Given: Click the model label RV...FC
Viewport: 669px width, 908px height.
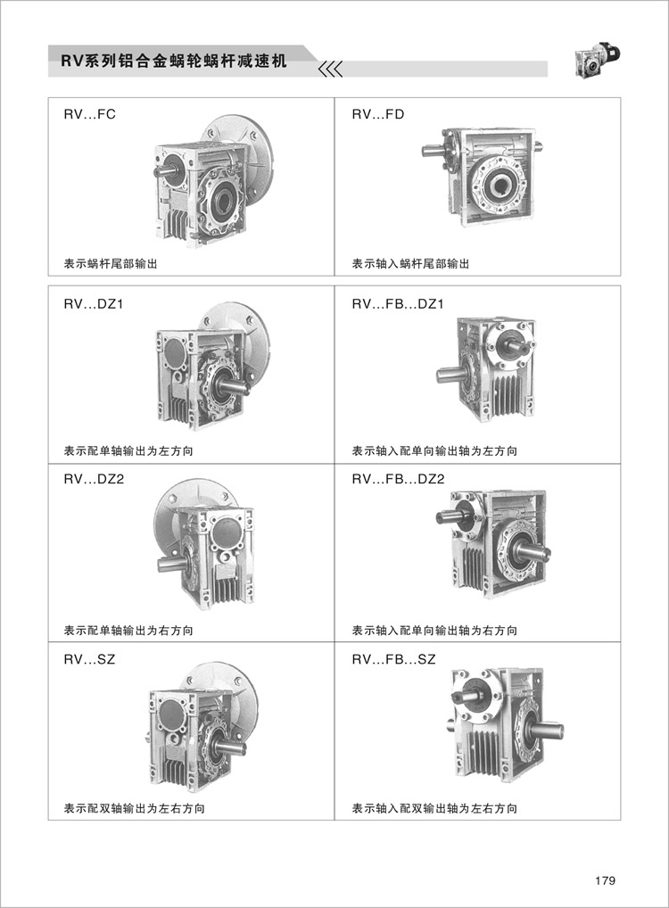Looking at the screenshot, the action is (x=89, y=114).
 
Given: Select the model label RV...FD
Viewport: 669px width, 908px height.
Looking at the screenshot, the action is (x=377, y=114).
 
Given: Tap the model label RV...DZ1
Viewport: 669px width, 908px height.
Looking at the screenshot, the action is (x=94, y=303).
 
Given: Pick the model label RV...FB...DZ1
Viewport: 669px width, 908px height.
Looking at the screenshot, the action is (x=397, y=303).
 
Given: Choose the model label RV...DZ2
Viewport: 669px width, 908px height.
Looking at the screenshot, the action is (x=94, y=479).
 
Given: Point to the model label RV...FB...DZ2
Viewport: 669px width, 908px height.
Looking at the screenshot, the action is (x=398, y=479).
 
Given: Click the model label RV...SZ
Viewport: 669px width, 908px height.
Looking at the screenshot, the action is (x=89, y=659).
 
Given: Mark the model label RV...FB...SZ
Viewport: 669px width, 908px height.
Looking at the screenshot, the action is (x=393, y=659).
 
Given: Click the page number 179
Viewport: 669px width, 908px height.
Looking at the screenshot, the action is (x=605, y=880).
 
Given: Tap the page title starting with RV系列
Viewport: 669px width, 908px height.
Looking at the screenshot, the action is (x=174, y=61).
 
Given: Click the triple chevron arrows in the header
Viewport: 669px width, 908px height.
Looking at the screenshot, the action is (x=331, y=69).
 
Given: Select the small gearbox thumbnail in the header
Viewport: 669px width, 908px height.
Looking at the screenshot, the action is (x=597, y=61).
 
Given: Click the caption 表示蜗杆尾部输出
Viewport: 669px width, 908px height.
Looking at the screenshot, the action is (x=110, y=264).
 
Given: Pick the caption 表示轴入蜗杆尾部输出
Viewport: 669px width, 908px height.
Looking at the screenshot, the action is (x=410, y=264).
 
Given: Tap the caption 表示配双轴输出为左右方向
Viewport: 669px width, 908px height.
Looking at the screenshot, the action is (x=134, y=808).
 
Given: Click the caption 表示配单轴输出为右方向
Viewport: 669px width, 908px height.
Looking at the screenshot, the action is (x=128, y=630).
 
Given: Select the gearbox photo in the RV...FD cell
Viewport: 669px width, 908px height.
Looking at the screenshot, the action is (x=483, y=176).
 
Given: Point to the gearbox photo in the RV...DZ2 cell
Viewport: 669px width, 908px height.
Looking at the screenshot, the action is (x=205, y=545).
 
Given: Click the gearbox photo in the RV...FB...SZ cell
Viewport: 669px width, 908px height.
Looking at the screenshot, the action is (x=505, y=723).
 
